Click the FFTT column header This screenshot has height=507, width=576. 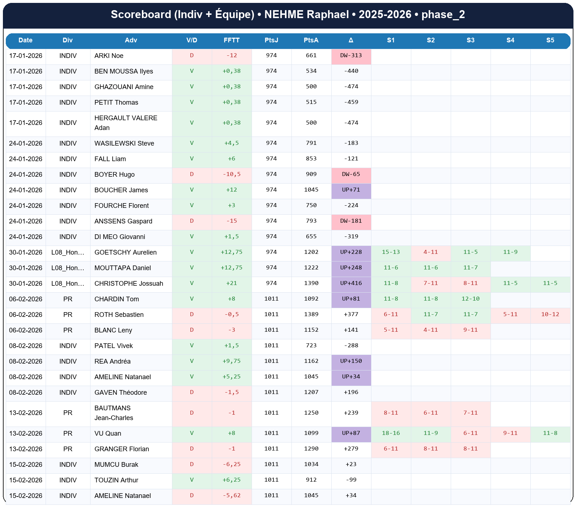click(x=231, y=40)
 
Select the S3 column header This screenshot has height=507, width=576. click(x=470, y=40)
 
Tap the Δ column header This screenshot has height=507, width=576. click(x=351, y=40)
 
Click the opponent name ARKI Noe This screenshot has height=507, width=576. click(x=109, y=56)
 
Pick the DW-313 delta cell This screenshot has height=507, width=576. click(x=351, y=56)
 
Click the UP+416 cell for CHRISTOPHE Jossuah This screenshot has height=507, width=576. click(x=351, y=284)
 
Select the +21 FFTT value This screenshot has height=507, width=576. click(x=231, y=284)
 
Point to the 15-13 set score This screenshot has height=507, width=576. click(x=391, y=252)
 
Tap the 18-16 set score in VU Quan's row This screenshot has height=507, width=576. click(x=391, y=433)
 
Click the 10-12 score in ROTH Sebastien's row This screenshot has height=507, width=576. click(x=550, y=315)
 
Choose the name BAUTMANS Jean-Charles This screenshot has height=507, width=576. click(x=114, y=413)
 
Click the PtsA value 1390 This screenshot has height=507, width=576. click(x=311, y=284)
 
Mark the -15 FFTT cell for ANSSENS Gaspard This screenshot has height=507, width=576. click(x=231, y=221)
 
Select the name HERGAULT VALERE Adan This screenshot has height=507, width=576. click(x=126, y=123)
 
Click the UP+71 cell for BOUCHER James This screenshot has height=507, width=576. click(x=351, y=190)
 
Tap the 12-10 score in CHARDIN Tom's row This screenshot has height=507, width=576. click(x=470, y=299)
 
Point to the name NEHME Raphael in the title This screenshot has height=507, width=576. click(x=306, y=14)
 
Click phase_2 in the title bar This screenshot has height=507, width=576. click(x=443, y=14)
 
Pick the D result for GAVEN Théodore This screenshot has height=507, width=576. click(x=192, y=393)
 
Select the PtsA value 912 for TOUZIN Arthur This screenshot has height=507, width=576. click(x=311, y=480)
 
